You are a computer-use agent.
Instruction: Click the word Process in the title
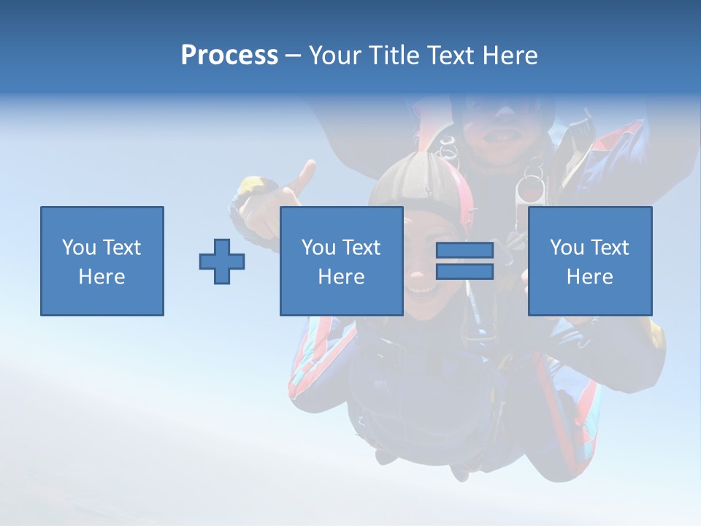[229, 56]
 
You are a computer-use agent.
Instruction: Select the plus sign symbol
[222, 262]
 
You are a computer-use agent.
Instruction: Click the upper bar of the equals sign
[464, 251]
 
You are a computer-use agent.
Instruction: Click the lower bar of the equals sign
[464, 271]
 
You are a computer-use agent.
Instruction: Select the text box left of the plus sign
[102, 261]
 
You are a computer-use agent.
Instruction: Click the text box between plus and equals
[341, 261]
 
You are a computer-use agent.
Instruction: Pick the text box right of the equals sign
[589, 261]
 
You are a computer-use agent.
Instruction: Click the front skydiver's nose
[416, 278]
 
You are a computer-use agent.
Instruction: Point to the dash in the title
[292, 56]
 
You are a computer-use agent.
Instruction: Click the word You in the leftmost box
[79, 248]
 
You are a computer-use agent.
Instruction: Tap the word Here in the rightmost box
[589, 277]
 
